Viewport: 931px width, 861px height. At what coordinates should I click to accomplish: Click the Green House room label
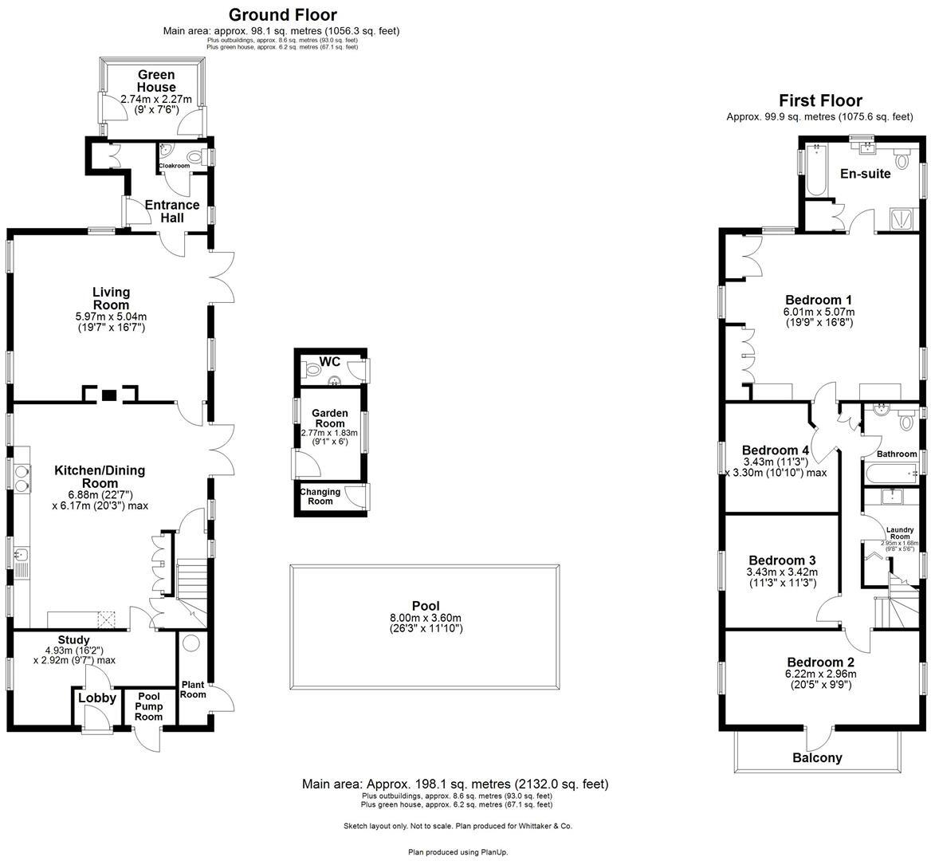coord(155,81)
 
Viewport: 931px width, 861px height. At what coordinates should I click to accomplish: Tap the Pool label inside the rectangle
coord(425,606)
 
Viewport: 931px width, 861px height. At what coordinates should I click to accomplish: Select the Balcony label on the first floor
coord(817,757)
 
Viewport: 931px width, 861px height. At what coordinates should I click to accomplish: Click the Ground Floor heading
coord(282,14)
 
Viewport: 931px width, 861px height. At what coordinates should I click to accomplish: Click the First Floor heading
coord(820,100)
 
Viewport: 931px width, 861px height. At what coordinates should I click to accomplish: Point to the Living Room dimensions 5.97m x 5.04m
coord(111,316)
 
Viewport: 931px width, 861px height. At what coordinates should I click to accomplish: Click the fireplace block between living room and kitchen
coord(110,395)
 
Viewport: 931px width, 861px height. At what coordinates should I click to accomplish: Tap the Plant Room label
coord(193,690)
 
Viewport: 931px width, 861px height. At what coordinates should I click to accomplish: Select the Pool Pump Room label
coord(148,706)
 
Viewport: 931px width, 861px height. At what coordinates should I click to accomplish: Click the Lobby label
coord(97,698)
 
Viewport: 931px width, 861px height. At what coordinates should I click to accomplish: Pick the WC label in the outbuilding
coord(329,362)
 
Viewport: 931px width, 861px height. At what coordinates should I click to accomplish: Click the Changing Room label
coord(320,496)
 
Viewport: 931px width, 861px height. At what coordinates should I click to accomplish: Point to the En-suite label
coord(865,173)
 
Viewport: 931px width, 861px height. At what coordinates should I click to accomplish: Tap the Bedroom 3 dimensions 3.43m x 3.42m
coord(782,572)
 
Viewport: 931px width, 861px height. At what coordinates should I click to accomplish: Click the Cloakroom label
coord(174,166)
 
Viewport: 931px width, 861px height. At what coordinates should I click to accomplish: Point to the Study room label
coord(73,639)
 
